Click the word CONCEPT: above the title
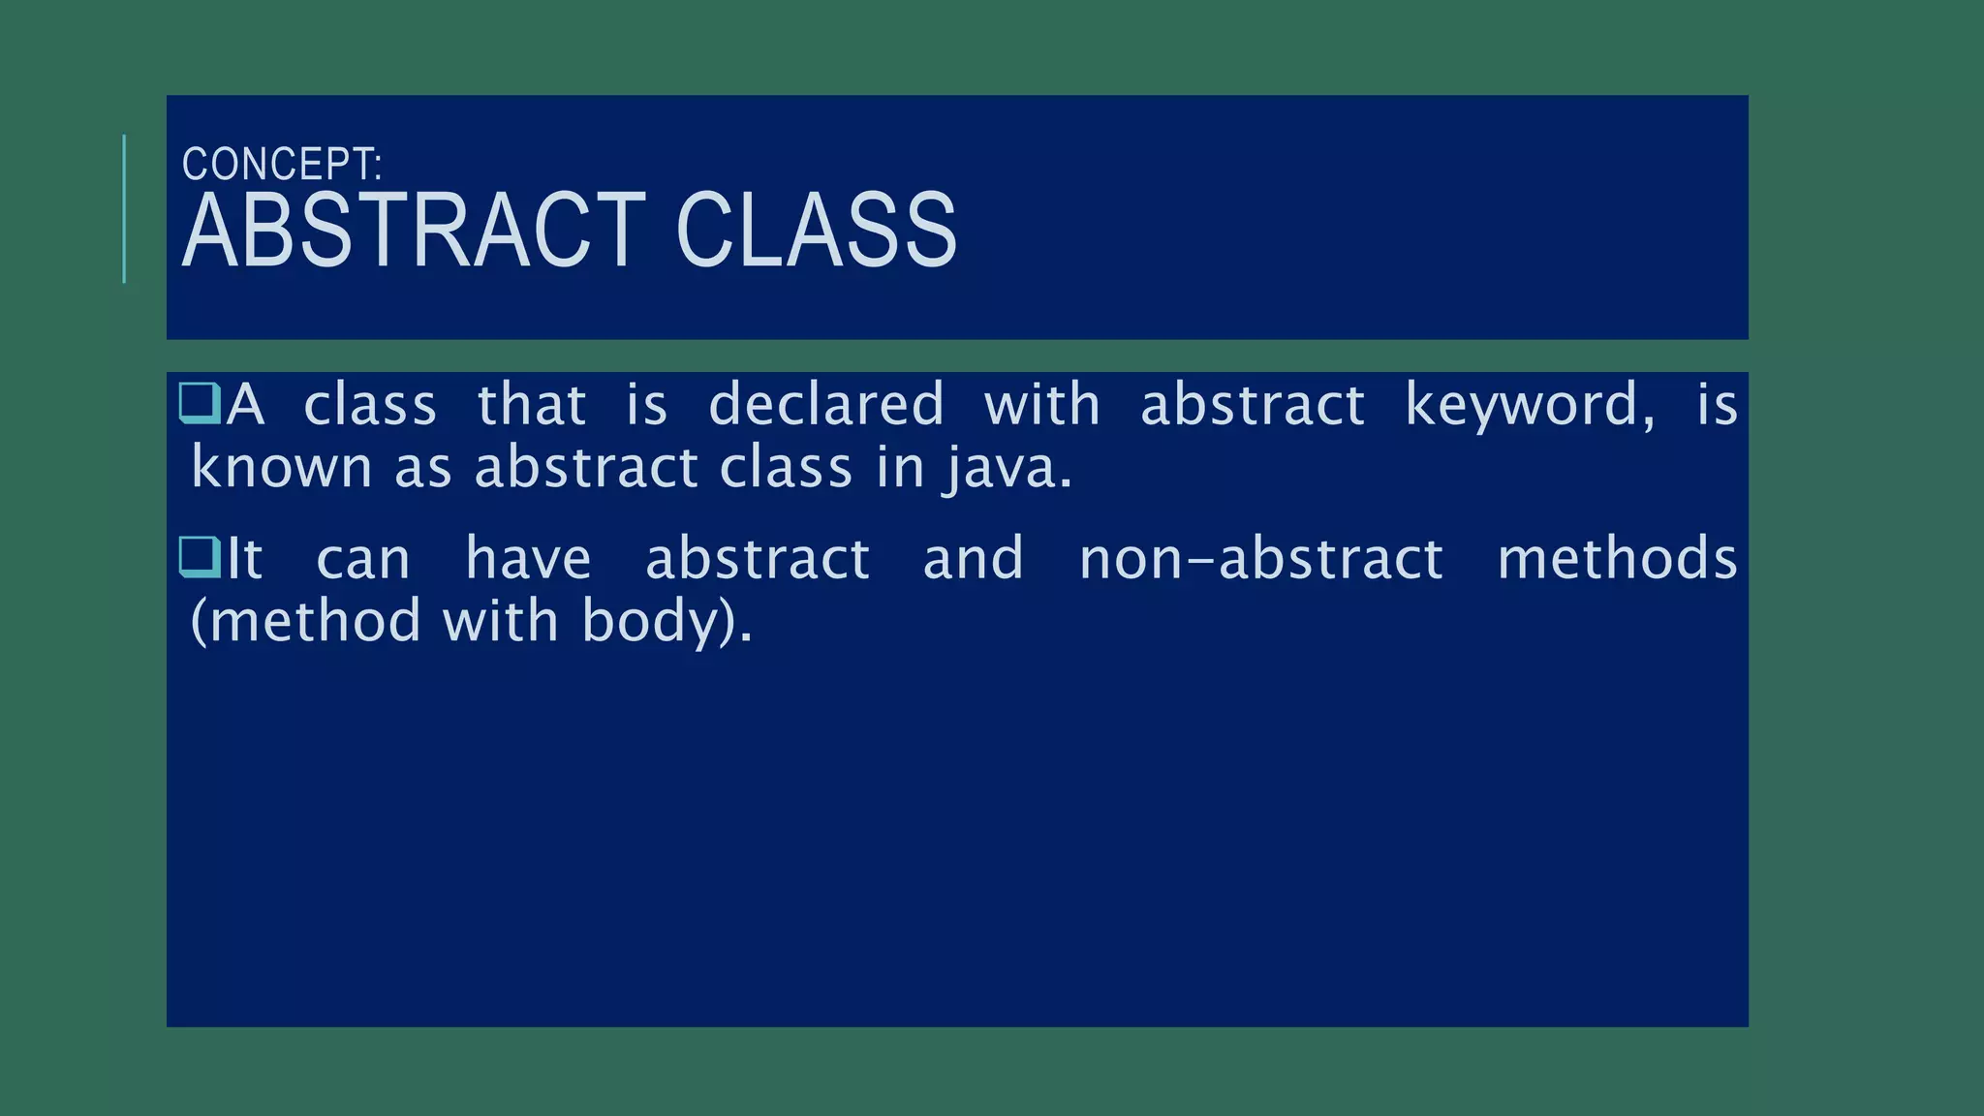[x=282, y=164]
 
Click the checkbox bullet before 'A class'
[x=201, y=403]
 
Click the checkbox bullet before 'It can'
[x=201, y=557]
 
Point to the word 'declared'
[x=825, y=404]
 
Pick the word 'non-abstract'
[x=1260, y=559]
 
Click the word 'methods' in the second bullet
[x=1617, y=559]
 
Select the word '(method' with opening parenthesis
[x=305, y=622]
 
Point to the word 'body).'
[x=666, y=622]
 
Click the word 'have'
[x=528, y=559]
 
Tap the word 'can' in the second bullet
[x=363, y=561]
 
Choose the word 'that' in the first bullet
[x=531, y=404]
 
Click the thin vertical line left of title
[x=124, y=208]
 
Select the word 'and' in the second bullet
[x=973, y=559]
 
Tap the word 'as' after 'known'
[x=423, y=469]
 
